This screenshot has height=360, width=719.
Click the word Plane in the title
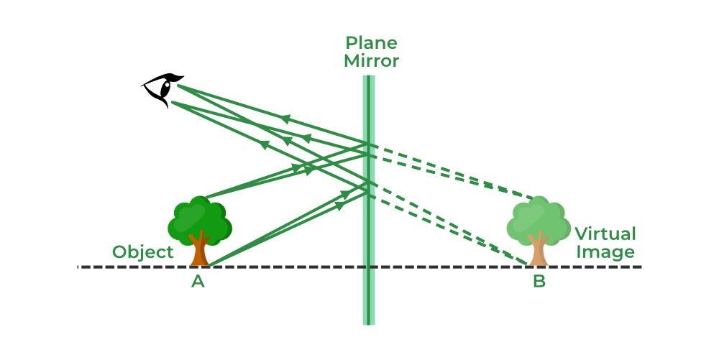(x=371, y=43)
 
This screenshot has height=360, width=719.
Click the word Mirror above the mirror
(x=371, y=61)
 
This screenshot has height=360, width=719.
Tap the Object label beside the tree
(x=143, y=252)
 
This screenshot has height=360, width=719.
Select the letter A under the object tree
(x=198, y=282)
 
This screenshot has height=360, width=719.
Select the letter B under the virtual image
(x=539, y=282)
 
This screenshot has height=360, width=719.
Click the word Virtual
(x=605, y=234)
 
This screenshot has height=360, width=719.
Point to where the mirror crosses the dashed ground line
(x=369, y=267)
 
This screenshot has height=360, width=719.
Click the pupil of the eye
(x=165, y=88)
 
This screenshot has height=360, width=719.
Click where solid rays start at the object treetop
(x=205, y=198)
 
